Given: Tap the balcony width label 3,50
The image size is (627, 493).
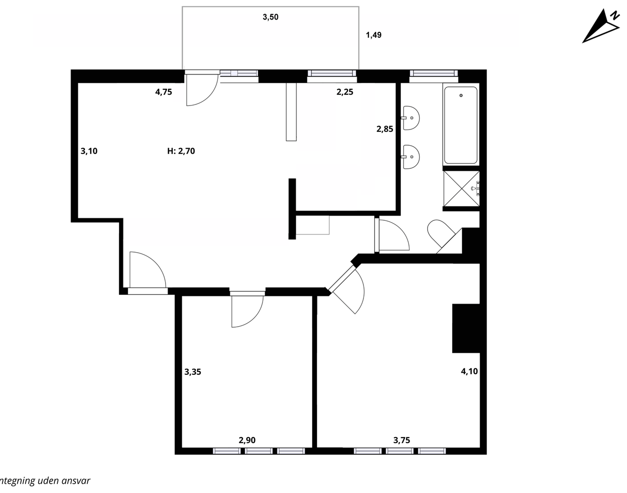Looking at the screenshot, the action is (x=270, y=17).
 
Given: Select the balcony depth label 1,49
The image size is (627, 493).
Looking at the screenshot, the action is (x=374, y=35).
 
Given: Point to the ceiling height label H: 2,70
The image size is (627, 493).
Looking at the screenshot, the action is (x=181, y=151).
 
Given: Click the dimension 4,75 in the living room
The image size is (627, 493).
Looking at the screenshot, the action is (x=164, y=92).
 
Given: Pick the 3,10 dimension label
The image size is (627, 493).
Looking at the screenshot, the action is (x=89, y=151).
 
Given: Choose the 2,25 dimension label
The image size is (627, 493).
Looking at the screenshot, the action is (x=345, y=92).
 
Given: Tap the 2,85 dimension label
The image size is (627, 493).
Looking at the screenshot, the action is (x=385, y=129).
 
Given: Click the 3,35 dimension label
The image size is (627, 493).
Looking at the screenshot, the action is (x=193, y=372).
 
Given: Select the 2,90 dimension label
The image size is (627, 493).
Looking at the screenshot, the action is (x=247, y=440).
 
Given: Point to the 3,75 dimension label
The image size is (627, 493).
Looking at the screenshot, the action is (x=402, y=440).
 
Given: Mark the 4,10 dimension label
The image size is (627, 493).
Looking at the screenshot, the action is (x=469, y=371).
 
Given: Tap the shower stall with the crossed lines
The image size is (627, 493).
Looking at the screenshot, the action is (x=461, y=188).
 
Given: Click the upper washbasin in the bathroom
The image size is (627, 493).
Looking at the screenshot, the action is (x=411, y=118).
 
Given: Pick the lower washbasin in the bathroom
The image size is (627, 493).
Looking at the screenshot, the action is (x=411, y=157).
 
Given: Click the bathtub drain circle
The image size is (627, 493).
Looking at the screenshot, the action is (x=461, y=95).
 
